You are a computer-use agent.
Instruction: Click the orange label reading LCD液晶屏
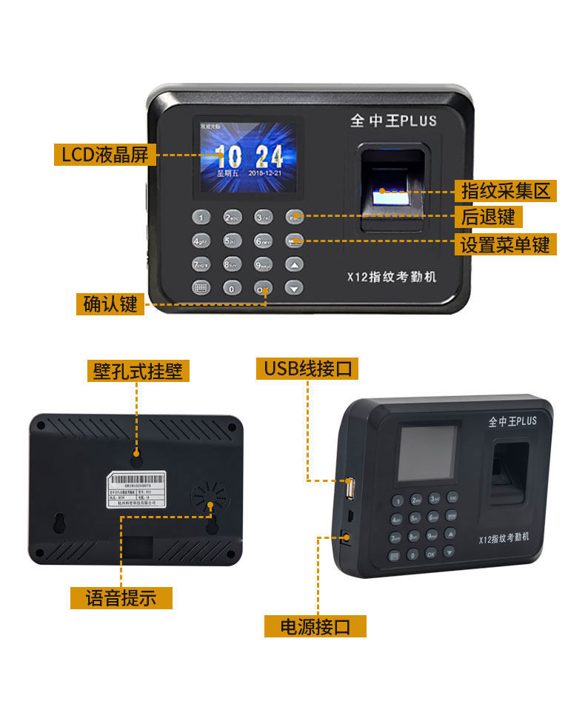(104, 155)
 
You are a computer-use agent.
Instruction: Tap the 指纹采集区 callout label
(505, 191)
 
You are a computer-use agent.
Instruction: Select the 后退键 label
(487, 217)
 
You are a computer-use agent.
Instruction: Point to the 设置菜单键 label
(505, 244)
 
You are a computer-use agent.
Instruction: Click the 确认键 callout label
(110, 304)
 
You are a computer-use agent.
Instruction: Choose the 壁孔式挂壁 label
(137, 370)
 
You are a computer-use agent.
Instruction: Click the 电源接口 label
(315, 626)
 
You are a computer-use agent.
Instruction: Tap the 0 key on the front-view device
(233, 288)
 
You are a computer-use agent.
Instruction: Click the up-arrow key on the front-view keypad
(295, 264)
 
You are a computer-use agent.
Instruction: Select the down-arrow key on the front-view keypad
(295, 288)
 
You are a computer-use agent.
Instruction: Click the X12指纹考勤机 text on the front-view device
(392, 277)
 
